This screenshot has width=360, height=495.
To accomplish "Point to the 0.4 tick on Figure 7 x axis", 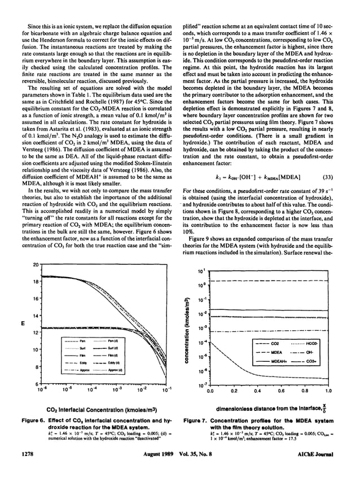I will (257, 389).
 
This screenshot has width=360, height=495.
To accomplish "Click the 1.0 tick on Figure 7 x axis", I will (328, 389).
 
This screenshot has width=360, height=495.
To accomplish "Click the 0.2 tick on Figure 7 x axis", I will (233, 389).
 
